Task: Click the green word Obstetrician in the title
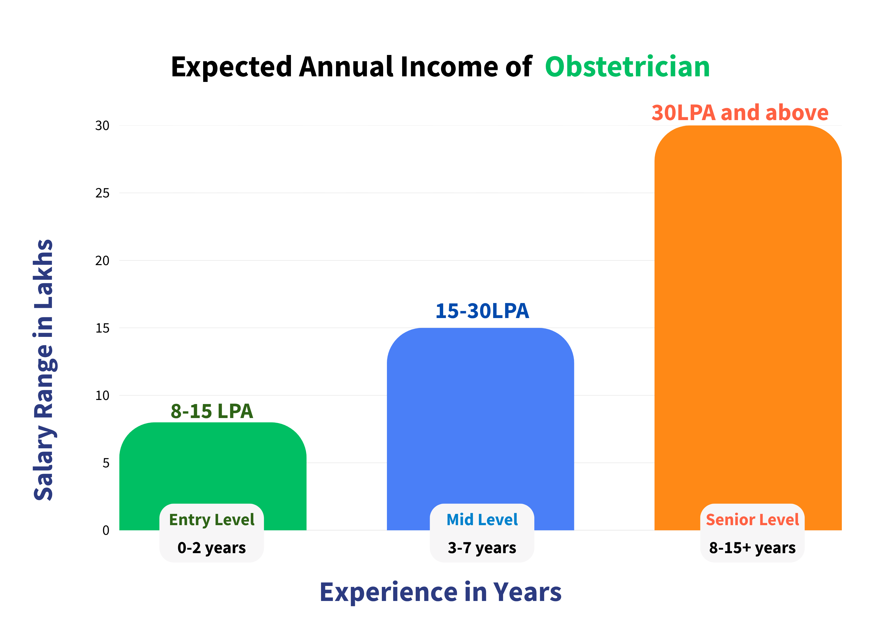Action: click(x=627, y=67)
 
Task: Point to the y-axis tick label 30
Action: click(x=102, y=126)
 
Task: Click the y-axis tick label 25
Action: click(x=102, y=193)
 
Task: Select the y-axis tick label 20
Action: click(x=102, y=261)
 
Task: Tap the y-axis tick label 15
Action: click(x=102, y=328)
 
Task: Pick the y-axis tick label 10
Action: click(x=102, y=395)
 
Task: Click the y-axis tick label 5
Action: click(x=106, y=463)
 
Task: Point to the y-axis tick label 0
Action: click(x=106, y=530)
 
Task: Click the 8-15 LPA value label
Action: click(x=212, y=411)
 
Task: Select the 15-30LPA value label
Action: click(x=482, y=311)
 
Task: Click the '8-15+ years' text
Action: click(x=752, y=548)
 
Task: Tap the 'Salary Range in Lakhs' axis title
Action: click(x=44, y=370)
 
